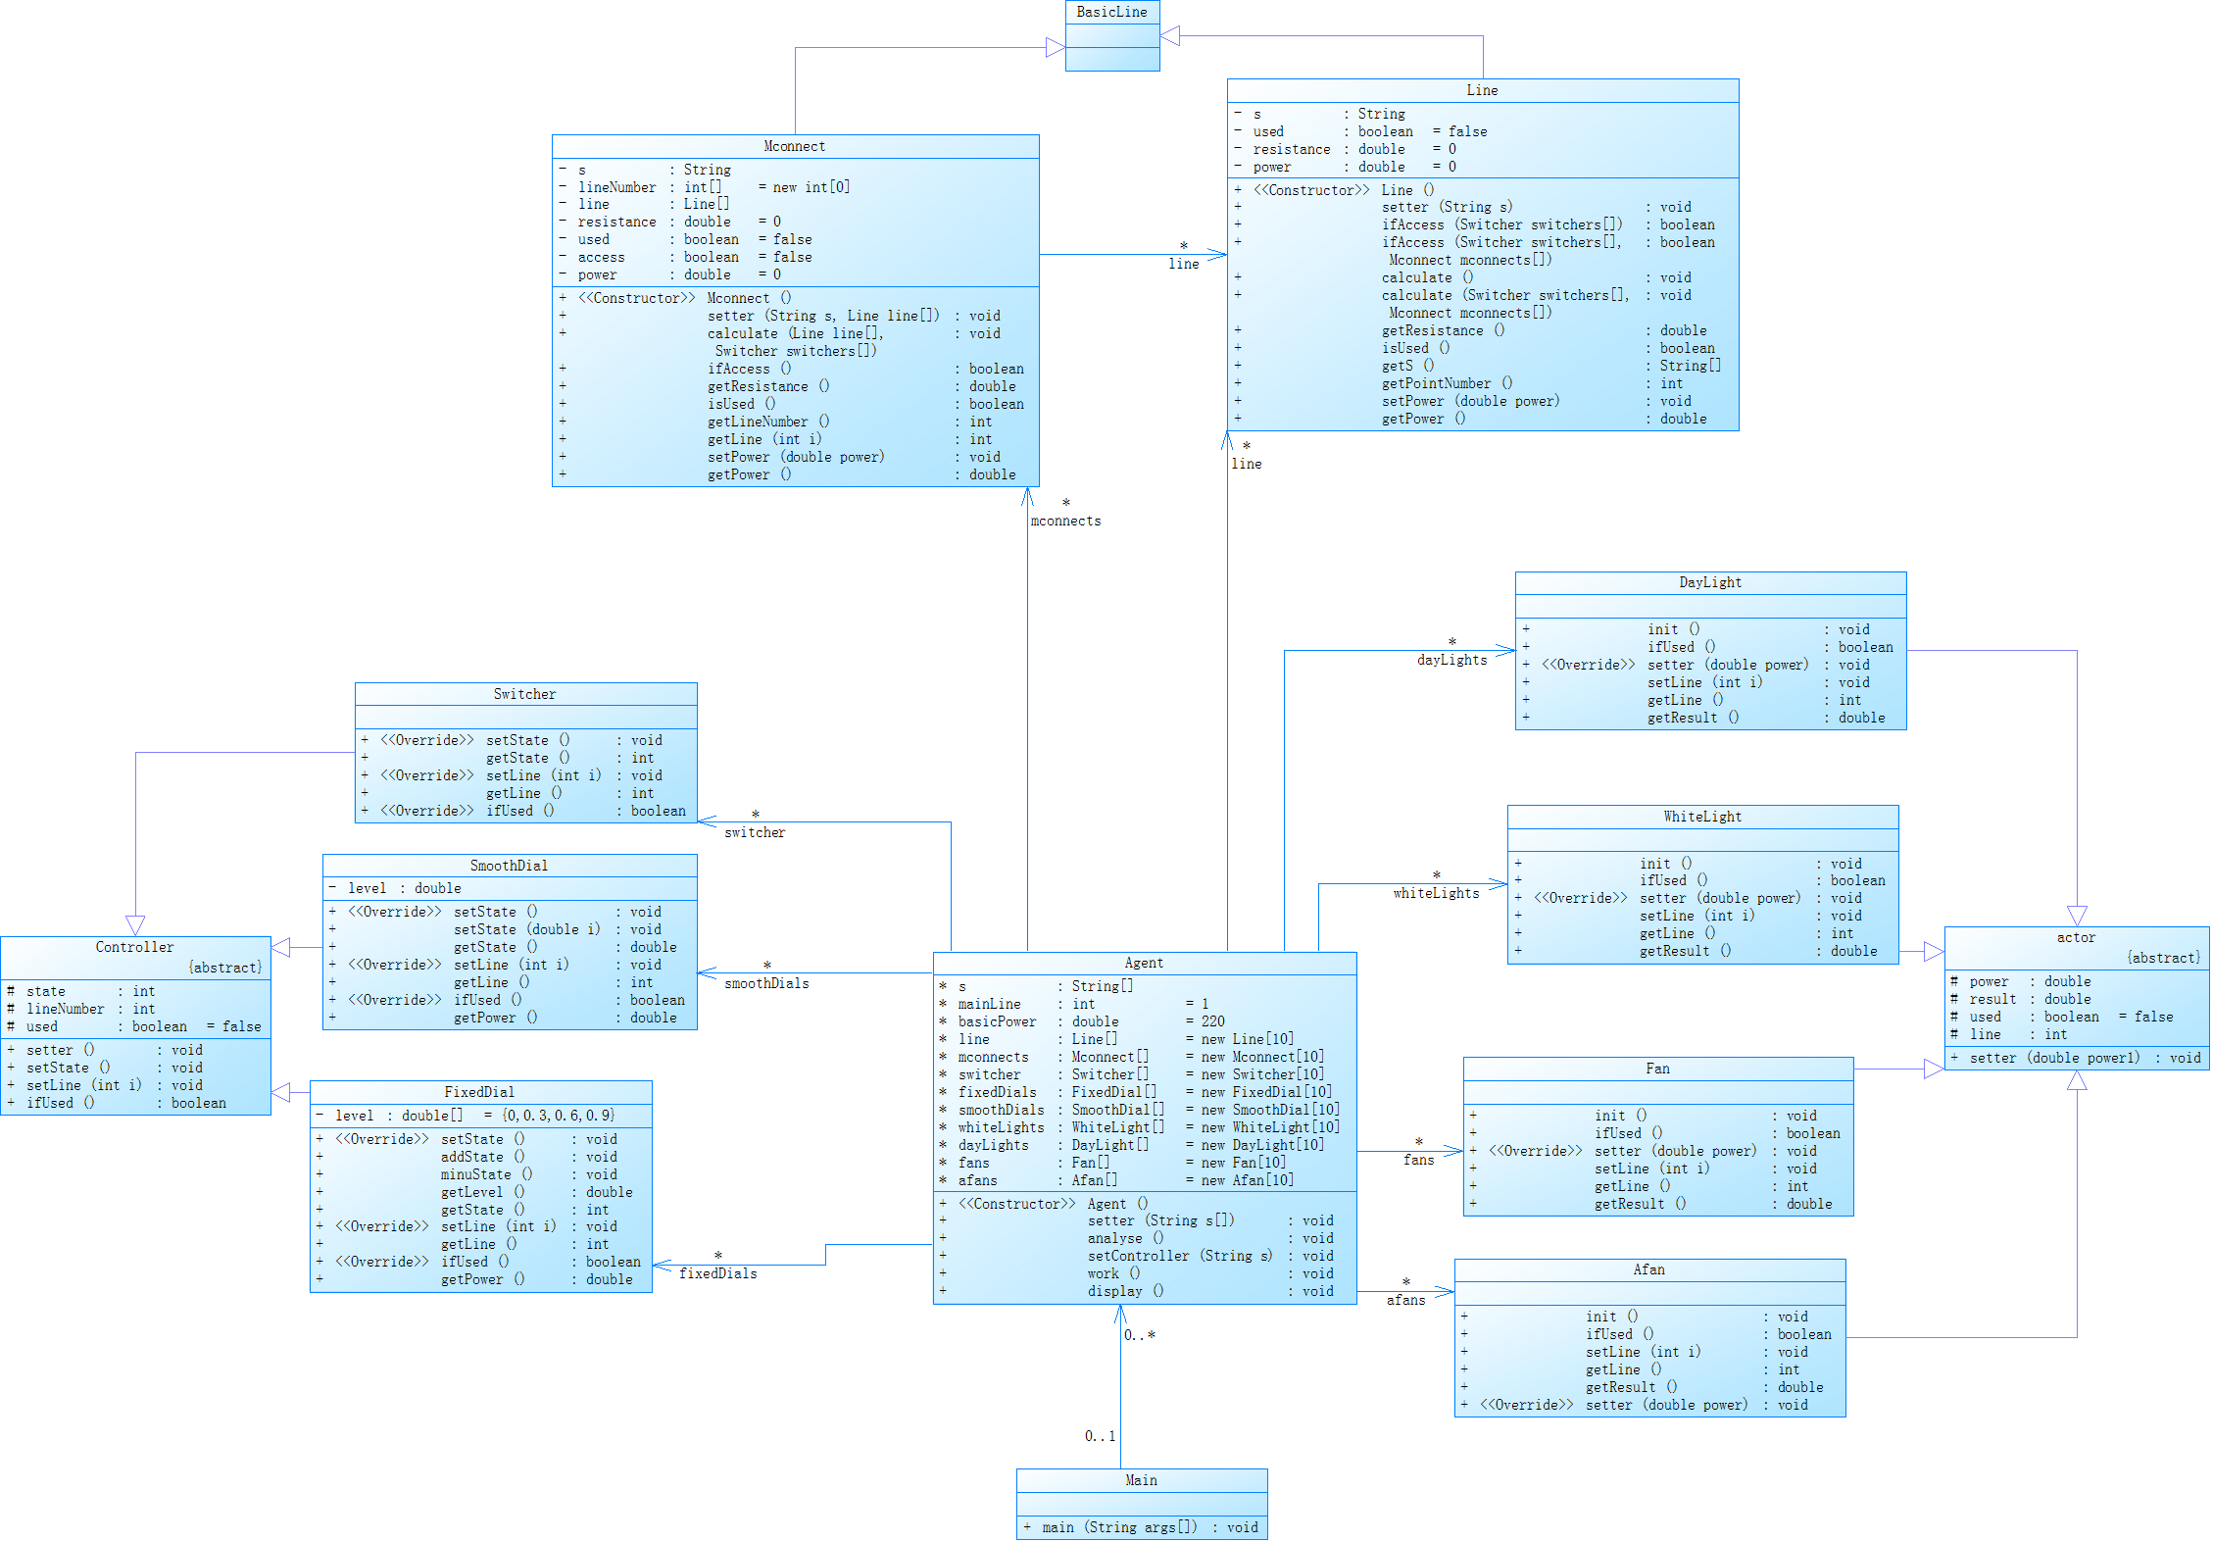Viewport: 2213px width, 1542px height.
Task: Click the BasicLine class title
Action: (x=1111, y=12)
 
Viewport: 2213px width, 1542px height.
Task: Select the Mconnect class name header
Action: (x=794, y=146)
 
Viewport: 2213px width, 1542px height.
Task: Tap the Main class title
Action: (x=1141, y=1480)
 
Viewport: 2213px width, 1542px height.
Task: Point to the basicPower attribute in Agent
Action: (x=997, y=1021)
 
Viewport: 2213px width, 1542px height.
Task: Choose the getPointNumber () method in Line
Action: (x=1447, y=383)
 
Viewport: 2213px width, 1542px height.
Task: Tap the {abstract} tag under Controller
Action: (x=225, y=968)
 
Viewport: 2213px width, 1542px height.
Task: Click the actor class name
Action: (x=2076, y=938)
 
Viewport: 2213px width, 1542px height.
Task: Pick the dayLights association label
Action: (x=1451, y=660)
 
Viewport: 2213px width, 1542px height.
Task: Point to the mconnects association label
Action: (x=1065, y=522)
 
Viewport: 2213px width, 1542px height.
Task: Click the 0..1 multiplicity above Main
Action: (x=1100, y=1436)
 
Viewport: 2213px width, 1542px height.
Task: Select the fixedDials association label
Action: (x=717, y=1273)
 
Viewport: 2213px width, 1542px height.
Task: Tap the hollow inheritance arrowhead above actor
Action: (x=2077, y=916)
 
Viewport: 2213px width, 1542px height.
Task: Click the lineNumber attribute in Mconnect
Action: (x=616, y=187)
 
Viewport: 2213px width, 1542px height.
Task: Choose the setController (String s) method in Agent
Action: (x=1179, y=1256)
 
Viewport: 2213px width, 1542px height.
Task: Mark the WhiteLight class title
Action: (x=1702, y=817)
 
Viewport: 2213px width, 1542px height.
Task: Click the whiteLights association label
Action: (x=1436, y=893)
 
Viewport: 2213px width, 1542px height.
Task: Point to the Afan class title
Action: (x=1648, y=1269)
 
